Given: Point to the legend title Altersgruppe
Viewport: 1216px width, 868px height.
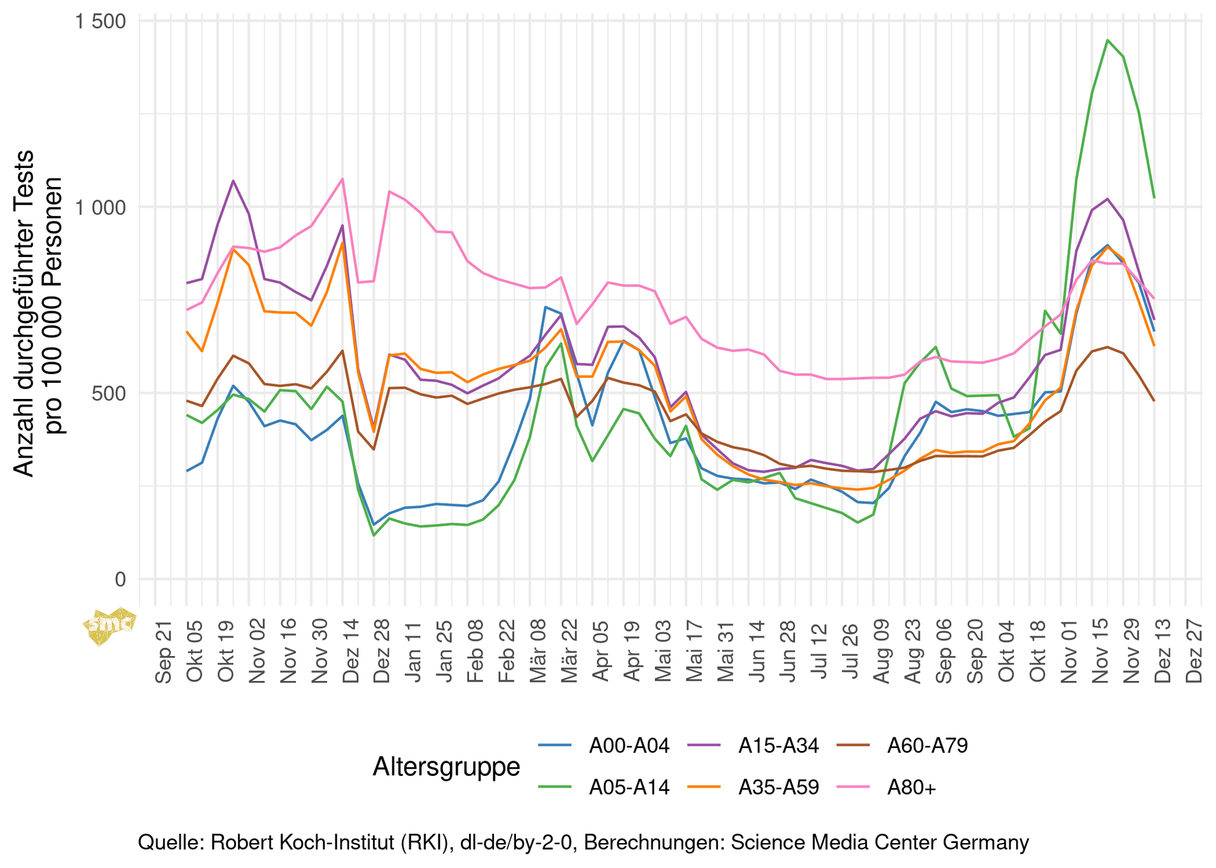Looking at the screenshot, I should [446, 766].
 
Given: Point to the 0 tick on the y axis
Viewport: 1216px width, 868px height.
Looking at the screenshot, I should [121, 579].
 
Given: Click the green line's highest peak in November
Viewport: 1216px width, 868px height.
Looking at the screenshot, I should [1107, 40].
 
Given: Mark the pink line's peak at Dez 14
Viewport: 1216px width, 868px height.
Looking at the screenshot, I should [342, 179].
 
